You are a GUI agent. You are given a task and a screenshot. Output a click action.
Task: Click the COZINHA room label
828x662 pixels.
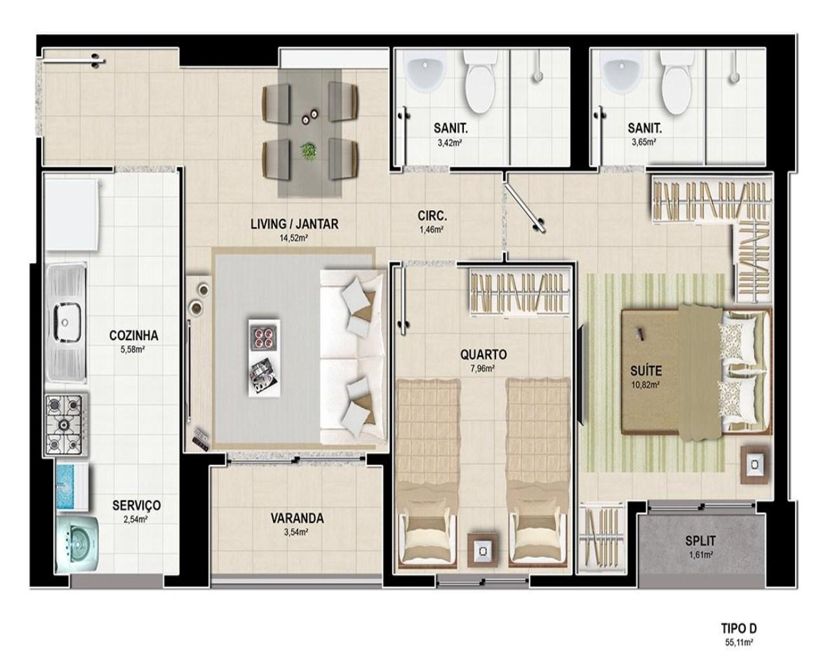(133, 336)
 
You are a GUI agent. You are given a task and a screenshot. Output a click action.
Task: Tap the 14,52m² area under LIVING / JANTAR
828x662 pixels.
(294, 238)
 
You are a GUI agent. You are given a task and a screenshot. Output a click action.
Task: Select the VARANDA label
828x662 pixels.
(297, 518)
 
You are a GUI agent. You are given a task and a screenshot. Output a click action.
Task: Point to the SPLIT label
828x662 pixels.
(701, 541)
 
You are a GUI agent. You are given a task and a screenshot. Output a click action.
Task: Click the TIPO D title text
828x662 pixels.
(739, 628)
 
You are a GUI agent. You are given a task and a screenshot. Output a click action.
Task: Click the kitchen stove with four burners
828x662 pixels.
(66, 425)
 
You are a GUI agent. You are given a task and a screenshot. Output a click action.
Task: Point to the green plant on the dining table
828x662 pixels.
(309, 151)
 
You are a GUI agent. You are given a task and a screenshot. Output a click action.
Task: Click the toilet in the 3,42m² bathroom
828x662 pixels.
(479, 82)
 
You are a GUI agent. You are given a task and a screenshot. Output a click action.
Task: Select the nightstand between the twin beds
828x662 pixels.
(483, 550)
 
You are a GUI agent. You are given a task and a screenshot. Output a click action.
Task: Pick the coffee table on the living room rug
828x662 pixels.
(264, 358)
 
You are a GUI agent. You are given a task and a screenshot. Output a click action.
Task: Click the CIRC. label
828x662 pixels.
(433, 216)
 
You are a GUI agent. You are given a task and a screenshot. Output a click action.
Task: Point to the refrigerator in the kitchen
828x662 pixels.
(71, 215)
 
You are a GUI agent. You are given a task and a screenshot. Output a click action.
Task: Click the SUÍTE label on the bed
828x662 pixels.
(646, 371)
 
